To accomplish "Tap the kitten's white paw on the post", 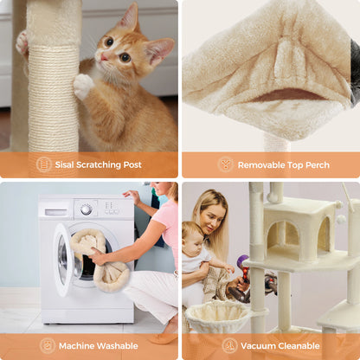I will (83, 85).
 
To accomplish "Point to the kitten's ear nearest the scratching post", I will (128, 17).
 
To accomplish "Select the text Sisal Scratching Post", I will (100, 164).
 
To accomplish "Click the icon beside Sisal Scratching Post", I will (43, 164).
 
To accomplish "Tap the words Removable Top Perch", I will (282, 164).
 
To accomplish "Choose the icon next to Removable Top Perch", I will (226, 164).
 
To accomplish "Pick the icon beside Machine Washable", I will (48, 345).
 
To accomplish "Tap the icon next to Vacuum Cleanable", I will (229, 345).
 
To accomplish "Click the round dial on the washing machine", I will (86, 209).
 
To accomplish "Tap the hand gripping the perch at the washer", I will (97, 257).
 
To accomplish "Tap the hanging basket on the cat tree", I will (217, 318).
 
